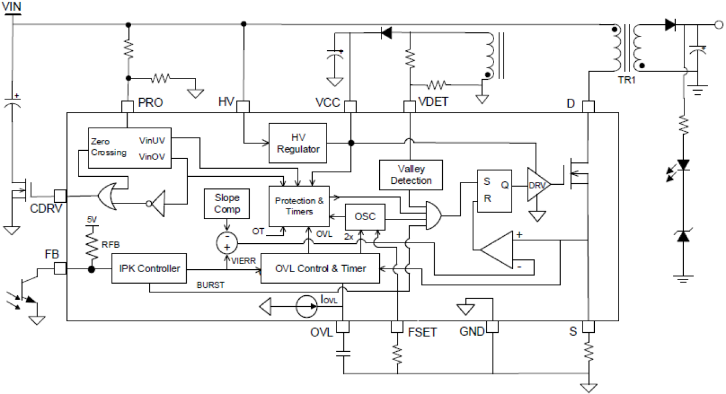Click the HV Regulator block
pyautogui.click(x=298, y=142)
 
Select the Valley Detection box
pyautogui.click(x=411, y=175)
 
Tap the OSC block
pyautogui.click(x=364, y=217)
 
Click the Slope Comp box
pyautogui.click(x=227, y=203)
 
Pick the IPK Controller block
pyautogui.click(x=150, y=268)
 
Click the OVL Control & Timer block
pyautogui.click(x=320, y=268)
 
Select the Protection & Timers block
pyautogui.click(x=299, y=206)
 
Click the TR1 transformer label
pyautogui.click(x=627, y=81)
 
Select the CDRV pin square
pyautogui.click(x=60, y=195)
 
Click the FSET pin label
pyautogui.click(x=423, y=332)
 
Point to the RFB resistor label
pyautogui.click(x=110, y=244)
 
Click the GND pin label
pyautogui.click(x=472, y=332)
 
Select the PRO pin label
pyautogui.click(x=150, y=103)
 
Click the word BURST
pyautogui.click(x=210, y=285)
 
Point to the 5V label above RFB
pyautogui.click(x=91, y=220)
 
